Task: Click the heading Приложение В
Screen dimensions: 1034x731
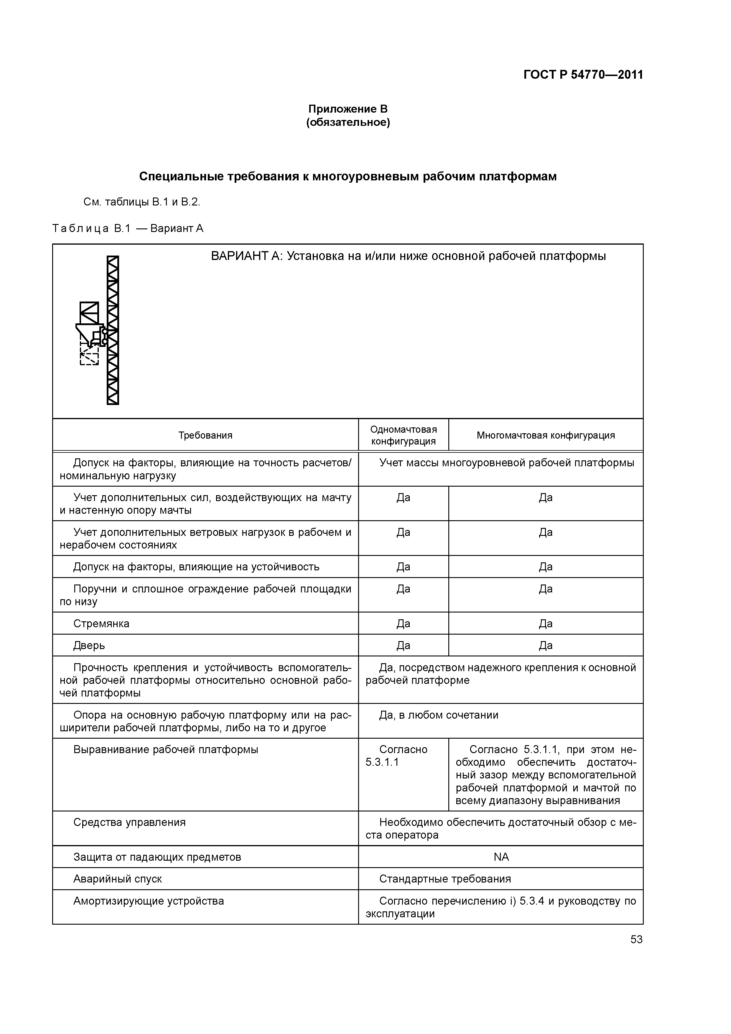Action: (348, 109)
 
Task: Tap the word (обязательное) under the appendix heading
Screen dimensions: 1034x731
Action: (348, 123)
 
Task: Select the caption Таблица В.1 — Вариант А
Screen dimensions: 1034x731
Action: (128, 229)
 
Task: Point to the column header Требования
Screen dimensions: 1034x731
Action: (205, 435)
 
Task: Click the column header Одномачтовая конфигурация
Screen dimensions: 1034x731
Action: (403, 435)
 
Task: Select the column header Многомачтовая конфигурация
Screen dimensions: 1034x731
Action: (545, 435)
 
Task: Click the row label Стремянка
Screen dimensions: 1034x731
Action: (101, 624)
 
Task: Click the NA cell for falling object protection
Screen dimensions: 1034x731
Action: (501, 857)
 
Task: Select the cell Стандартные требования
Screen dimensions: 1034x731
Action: (445, 879)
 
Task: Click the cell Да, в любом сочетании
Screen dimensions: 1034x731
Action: (439, 715)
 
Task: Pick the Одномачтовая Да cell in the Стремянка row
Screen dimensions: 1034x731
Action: (403, 624)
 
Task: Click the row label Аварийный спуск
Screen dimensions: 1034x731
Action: (118, 879)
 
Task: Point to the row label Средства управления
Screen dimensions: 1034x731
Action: (129, 822)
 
